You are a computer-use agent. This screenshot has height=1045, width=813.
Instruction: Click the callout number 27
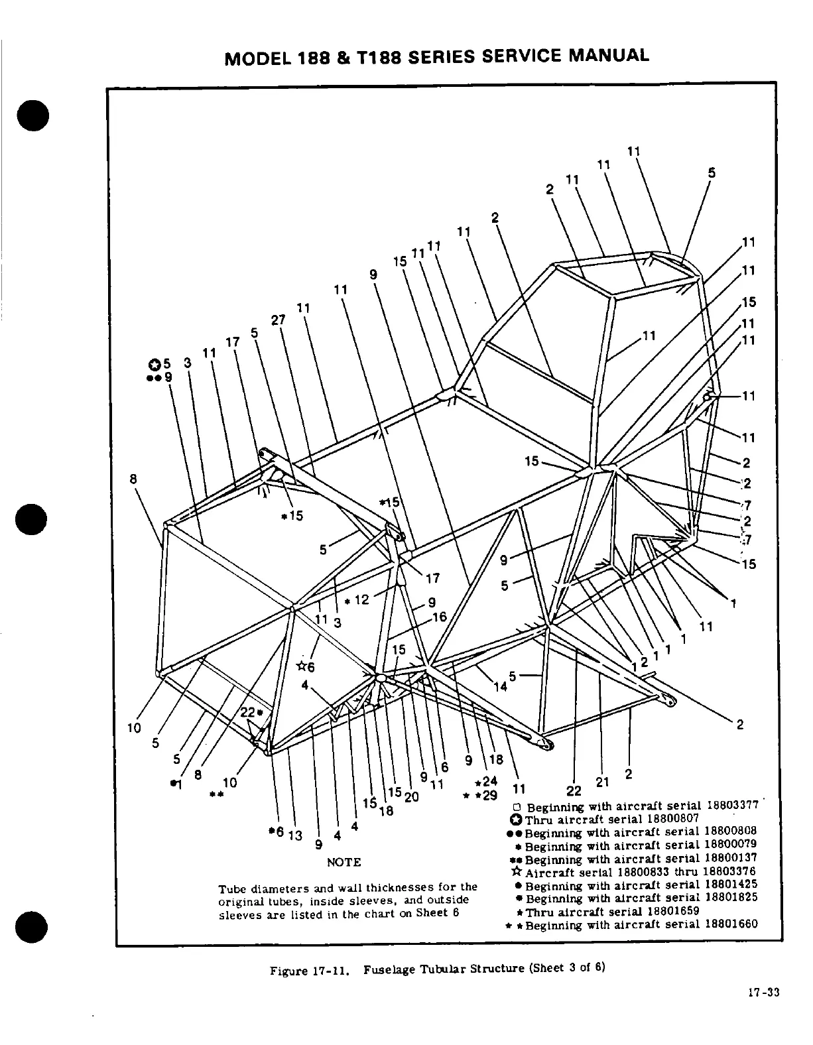coord(278,320)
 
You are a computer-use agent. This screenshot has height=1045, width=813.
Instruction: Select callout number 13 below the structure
coord(295,835)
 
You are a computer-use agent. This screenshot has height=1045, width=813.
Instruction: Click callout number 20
coord(411,797)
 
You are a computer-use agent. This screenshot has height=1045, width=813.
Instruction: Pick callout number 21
coord(602,782)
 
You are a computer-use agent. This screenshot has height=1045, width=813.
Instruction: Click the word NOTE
coord(344,862)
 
